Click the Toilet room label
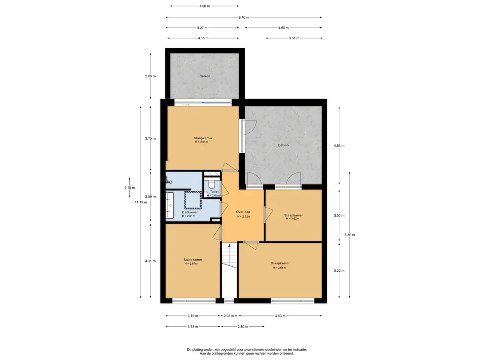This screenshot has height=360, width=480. pos(214,192)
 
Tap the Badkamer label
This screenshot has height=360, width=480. pos(190,212)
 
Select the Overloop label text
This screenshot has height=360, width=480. pos(243,212)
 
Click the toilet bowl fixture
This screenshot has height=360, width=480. pos(211,184)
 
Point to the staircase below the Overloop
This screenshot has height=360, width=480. pos(229,256)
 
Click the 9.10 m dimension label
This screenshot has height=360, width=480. pos(244,17)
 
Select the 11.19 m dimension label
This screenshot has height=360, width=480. pos(141,202)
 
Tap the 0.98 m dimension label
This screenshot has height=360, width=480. pos(229,316)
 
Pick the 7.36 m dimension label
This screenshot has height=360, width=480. pos(350,235)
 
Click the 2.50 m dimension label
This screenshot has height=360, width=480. pos(243,327)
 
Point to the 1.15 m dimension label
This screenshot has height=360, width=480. pos(129,187)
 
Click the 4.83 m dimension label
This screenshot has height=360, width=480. pos(280,316)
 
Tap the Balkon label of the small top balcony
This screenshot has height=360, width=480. pos(205,76)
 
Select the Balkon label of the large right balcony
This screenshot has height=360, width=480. pos(283,145)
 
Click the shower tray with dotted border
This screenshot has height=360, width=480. pos(193,200)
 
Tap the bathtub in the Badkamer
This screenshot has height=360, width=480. pos(170,205)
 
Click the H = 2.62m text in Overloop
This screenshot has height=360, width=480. pos(244,217)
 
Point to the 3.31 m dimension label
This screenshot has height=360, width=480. pos(294,38)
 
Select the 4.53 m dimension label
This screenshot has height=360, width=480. pos(339,146)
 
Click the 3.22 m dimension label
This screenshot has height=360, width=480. pos(339,270)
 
